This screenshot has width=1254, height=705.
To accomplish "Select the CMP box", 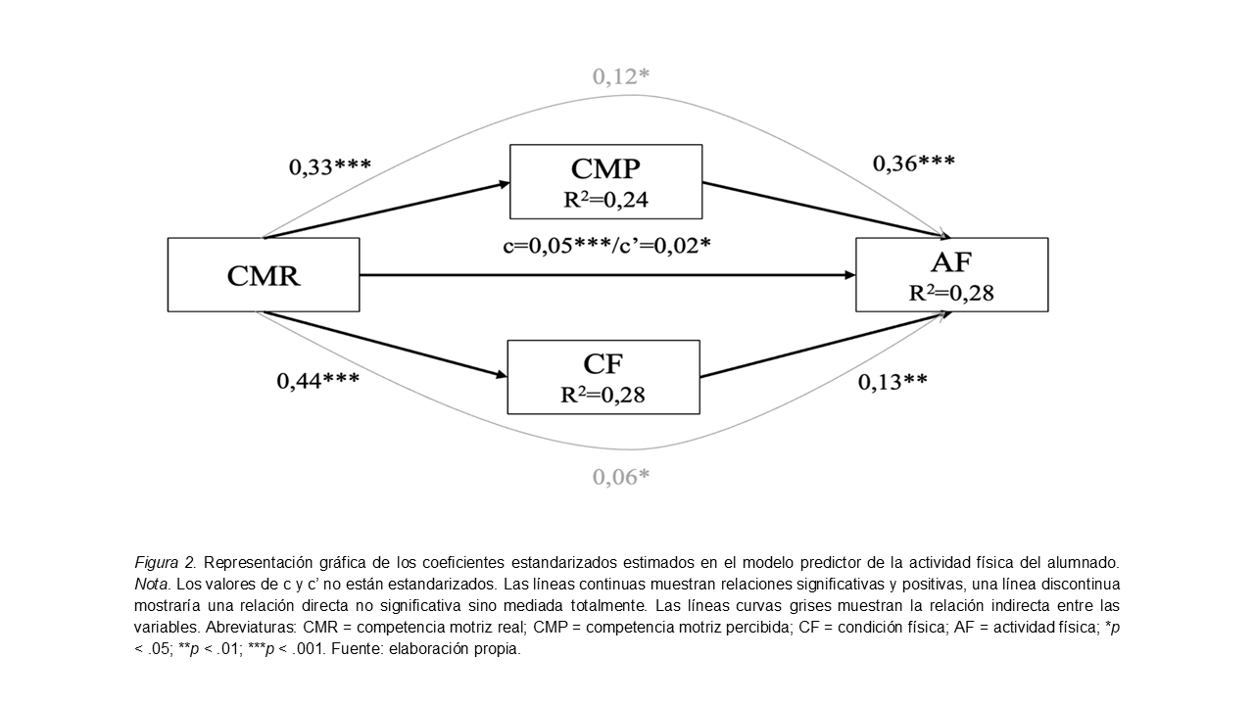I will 605,181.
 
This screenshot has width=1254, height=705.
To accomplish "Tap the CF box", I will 603,377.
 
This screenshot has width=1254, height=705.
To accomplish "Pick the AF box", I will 951,275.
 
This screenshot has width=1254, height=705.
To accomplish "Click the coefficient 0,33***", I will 329,166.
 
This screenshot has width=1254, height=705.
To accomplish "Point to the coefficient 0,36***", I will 914,163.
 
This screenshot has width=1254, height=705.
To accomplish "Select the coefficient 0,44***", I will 317,380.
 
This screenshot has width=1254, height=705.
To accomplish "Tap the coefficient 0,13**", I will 892,382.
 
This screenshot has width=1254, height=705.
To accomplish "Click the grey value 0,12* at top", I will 620,75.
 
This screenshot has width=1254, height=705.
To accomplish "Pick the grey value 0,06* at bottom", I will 621,477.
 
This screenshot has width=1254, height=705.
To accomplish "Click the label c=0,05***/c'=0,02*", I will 606,245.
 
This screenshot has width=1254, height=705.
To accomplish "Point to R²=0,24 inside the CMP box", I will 604,202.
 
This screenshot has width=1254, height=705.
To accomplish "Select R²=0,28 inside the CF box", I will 603,396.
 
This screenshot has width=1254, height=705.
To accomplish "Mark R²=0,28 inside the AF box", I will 950,293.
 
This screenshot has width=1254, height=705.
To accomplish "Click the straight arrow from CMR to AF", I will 607,275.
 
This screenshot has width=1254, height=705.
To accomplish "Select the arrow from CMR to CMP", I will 387,210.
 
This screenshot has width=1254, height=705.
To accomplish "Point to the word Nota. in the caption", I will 152,584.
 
